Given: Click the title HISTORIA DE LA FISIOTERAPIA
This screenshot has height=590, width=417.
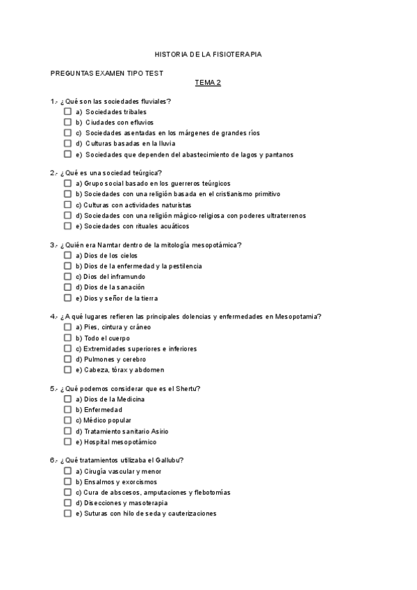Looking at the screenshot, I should pyautogui.click(x=208, y=54).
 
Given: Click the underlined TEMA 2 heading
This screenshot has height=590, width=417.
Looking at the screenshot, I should pyautogui.click(x=208, y=82).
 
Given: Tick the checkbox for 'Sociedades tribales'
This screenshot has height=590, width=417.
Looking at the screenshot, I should pyautogui.click(x=67, y=111).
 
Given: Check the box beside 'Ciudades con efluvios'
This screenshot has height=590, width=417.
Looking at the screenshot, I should pyautogui.click(x=67, y=122).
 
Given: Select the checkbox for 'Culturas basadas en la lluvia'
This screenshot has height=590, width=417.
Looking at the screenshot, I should pyautogui.click(x=67, y=143).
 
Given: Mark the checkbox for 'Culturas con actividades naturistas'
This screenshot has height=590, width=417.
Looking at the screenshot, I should pyautogui.click(x=67, y=205).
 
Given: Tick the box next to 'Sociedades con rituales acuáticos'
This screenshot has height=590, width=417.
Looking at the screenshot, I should pyautogui.click(x=67, y=226).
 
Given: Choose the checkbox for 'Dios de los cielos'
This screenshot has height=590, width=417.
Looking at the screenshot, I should pyautogui.click(x=67, y=255).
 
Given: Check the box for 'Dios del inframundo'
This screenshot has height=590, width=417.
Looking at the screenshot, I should pyautogui.click(x=67, y=276).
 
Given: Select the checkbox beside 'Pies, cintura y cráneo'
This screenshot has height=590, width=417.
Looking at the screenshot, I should pyautogui.click(x=67, y=327).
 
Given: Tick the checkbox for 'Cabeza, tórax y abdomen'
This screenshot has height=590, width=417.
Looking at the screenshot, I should pyautogui.click(x=67, y=369).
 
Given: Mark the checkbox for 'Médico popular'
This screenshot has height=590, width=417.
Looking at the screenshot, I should pyautogui.click(x=67, y=420).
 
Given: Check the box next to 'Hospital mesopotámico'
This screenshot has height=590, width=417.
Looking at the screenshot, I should pyautogui.click(x=67, y=442).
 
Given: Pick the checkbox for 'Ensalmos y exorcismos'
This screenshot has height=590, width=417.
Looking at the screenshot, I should pyautogui.click(x=67, y=481).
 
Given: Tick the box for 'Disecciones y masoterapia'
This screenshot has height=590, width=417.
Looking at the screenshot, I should pyautogui.click(x=67, y=503).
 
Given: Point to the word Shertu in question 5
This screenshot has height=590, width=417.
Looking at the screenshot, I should pyautogui.click(x=178, y=388).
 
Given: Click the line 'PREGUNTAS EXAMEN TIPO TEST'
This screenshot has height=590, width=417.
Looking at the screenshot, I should pyautogui.click(x=107, y=72).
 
